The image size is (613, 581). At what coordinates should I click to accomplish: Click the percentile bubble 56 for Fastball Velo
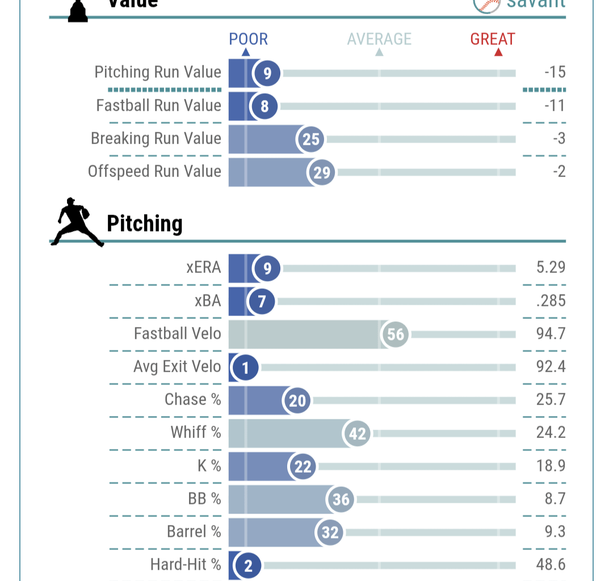point(396,334)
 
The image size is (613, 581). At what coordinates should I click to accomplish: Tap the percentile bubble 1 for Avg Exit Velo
point(245,368)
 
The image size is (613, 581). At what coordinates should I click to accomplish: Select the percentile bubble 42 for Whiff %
point(357,433)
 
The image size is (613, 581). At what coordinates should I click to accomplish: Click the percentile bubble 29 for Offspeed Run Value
point(322,172)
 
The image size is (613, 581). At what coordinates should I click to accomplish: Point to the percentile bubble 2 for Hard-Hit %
point(247,565)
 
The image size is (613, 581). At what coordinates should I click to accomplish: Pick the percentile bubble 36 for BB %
point(341,499)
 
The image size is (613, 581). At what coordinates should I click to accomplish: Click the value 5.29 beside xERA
point(551,267)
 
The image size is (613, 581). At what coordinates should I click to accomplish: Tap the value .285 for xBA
point(551,301)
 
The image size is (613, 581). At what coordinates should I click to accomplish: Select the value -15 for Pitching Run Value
point(554,73)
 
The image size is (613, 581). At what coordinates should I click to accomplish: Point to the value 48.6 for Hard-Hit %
point(551,565)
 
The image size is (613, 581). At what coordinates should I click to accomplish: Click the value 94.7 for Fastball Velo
point(551,334)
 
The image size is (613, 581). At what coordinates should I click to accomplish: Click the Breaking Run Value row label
point(156,138)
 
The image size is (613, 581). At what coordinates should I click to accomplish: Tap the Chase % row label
point(193,399)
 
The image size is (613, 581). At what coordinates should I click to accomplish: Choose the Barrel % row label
point(194,532)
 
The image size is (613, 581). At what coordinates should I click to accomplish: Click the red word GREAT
point(493,39)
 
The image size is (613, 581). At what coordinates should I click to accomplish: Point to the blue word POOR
point(248,39)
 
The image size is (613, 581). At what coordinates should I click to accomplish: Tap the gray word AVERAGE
point(379,39)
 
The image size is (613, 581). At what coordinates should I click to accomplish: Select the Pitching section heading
point(145,224)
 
